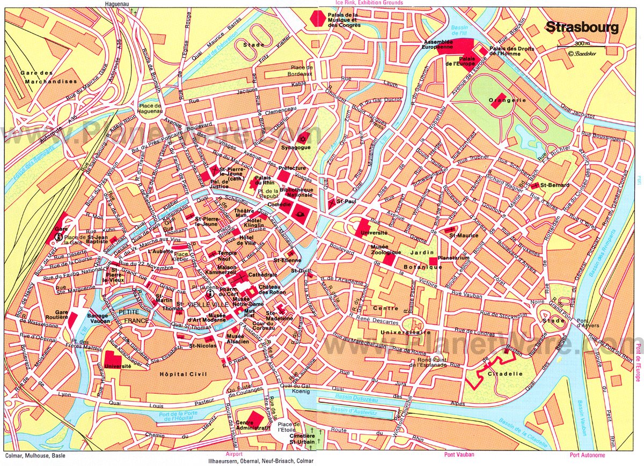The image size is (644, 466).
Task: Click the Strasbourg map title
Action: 582,27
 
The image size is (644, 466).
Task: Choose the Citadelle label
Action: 507,374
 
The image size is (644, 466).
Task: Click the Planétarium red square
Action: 433,261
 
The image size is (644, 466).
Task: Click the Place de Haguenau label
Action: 150,109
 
